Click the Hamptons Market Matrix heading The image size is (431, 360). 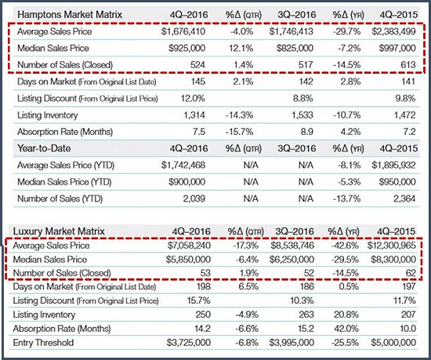[70, 14]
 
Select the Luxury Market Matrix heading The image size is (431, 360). [59, 231]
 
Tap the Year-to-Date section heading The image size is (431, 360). [44, 148]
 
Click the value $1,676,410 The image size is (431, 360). [183, 31]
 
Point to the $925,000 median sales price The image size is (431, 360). [187, 48]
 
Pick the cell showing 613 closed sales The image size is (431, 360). [408, 65]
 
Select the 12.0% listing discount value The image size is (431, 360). [193, 98]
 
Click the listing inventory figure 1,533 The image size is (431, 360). [302, 115]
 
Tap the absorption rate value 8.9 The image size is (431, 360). [307, 132]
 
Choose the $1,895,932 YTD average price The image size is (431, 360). [393, 165]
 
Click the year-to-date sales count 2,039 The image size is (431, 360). [194, 198]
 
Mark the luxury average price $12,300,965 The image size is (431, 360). [392, 245]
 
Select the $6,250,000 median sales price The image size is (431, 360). [292, 260]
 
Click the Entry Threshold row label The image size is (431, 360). [43, 343]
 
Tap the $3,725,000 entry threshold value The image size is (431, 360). [189, 343]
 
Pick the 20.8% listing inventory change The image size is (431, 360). [346, 315]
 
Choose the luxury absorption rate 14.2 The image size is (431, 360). [202, 329]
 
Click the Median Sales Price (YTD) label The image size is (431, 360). [64, 182]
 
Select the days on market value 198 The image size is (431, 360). [204, 286]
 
